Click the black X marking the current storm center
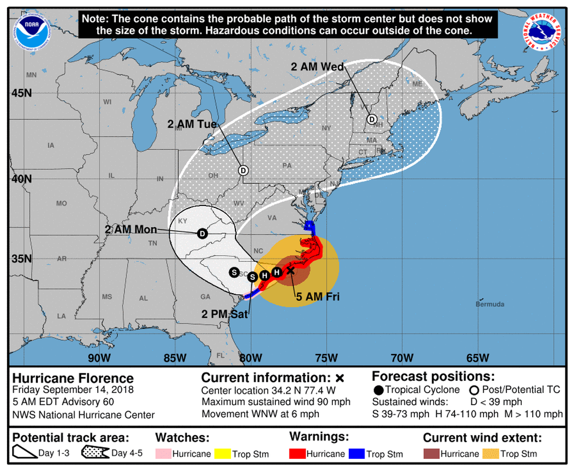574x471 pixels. [291, 271]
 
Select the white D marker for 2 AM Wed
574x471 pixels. [372, 119]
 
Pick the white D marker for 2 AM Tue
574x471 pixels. [243, 170]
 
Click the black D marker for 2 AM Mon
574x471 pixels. [202, 234]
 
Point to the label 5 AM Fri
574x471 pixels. [317, 297]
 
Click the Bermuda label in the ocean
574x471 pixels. [489, 304]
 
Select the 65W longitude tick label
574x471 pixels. [477, 358]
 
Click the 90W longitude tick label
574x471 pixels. [99, 358]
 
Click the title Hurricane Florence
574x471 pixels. [73, 378]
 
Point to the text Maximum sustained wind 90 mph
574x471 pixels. [276, 402]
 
